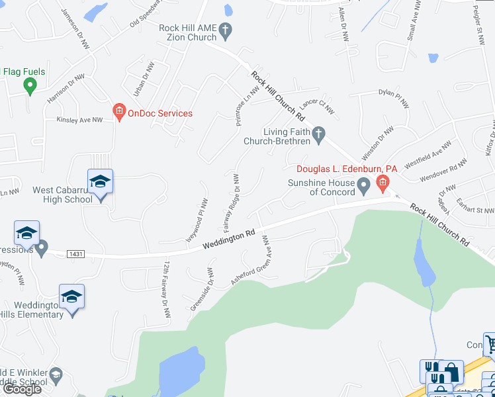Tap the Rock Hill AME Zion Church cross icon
(x=226, y=29)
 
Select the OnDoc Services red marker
(x=119, y=113)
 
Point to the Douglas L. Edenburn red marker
(x=382, y=182)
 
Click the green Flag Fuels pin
(x=29, y=85)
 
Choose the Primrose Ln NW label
(x=246, y=106)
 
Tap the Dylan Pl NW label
(x=394, y=98)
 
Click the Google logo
(x=22, y=389)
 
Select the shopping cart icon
(x=491, y=343)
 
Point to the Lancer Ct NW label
(x=314, y=106)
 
